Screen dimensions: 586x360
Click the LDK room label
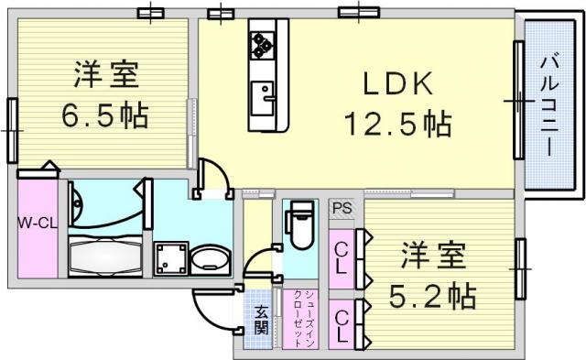tap(398, 83)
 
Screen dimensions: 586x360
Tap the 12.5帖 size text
tap(398, 124)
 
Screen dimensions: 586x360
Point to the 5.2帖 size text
tap(433, 295)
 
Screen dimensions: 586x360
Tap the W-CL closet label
tap(38, 224)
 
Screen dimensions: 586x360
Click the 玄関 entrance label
tap(262, 321)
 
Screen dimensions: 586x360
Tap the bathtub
tap(106, 256)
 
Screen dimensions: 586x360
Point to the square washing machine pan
tap(171, 259)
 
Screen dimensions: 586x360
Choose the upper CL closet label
tap(341, 258)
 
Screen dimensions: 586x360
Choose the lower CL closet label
tap(342, 327)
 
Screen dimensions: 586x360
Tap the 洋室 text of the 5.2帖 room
tap(433, 256)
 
